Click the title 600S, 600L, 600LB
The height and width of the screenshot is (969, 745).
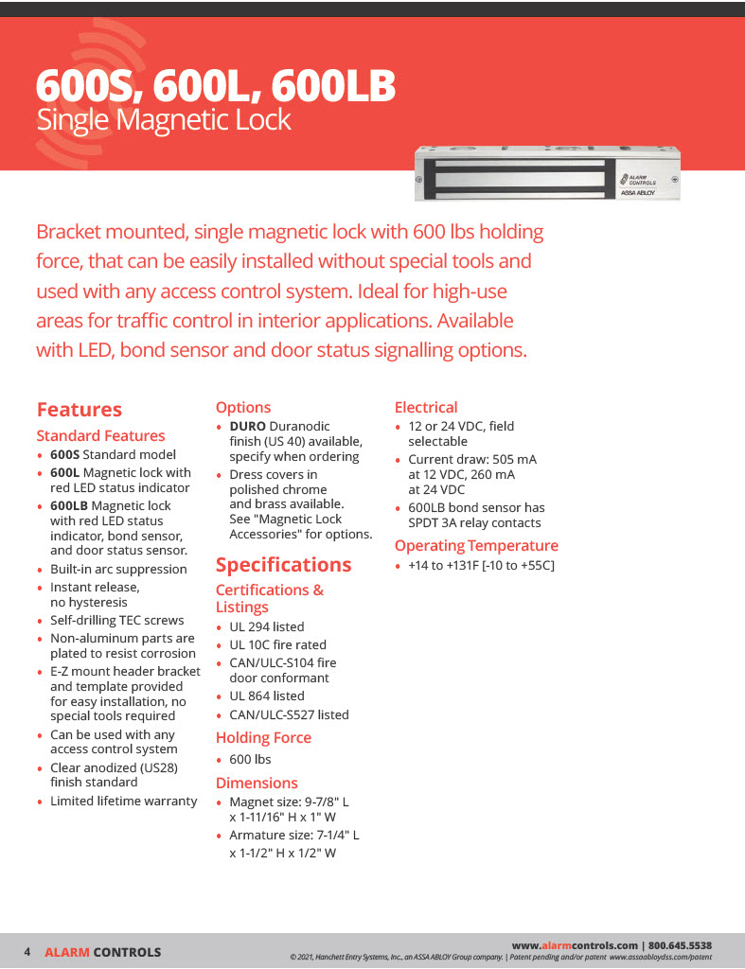coord(215,86)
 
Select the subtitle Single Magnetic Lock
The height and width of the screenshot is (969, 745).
coord(163,120)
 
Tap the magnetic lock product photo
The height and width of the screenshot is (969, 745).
coord(547,171)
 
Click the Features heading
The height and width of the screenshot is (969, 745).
coord(79,410)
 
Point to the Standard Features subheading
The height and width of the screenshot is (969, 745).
coord(100,435)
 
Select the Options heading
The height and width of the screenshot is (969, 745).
coord(243,408)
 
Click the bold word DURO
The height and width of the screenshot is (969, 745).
coord(247,427)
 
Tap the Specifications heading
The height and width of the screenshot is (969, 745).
coord(283,565)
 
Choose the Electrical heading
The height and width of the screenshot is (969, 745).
coord(426,408)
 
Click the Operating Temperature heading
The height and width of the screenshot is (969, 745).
coord(476,546)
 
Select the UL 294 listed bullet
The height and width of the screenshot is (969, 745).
coord(266,626)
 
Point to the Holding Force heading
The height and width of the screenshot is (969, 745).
coord(263,737)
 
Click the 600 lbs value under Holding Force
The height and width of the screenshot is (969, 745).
coord(250,759)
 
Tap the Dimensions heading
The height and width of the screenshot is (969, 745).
coord(257,783)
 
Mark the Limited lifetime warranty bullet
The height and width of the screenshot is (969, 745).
coord(123,802)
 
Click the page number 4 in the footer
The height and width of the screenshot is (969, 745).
coord(27,951)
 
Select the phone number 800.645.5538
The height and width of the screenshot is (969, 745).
coord(680,945)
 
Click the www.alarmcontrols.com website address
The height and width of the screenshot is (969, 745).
coord(575,945)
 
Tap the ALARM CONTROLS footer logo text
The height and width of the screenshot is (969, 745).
coord(102,952)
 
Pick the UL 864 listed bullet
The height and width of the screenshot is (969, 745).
coord(266,696)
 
